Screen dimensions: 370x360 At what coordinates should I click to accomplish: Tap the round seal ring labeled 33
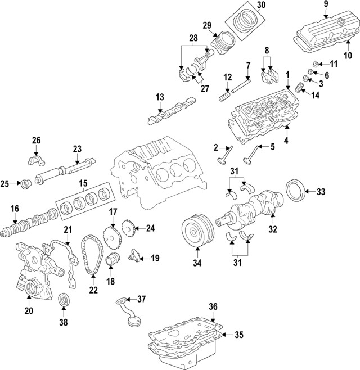295,192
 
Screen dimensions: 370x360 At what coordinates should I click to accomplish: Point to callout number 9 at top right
325,6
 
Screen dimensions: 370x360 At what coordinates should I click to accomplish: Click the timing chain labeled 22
90,256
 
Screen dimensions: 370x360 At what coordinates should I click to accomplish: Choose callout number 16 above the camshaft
15,209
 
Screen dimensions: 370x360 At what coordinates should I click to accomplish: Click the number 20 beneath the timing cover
29,311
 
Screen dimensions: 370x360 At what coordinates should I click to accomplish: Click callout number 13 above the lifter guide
160,97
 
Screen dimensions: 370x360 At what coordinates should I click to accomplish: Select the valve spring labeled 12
226,97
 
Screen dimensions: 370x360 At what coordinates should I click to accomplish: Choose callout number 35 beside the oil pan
238,335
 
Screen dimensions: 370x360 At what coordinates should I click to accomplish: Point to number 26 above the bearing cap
36,140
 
